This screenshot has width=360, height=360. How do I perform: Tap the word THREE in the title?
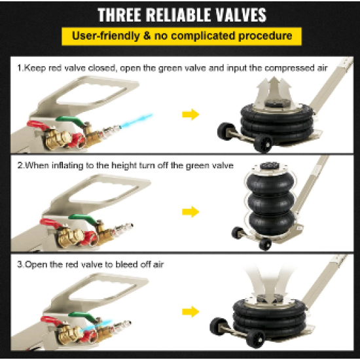pos(119,15)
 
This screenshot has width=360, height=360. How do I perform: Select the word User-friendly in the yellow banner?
pos(106,36)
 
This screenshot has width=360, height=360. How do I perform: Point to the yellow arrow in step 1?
pos(190,115)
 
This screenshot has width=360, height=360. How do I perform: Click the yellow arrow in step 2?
pos(190,211)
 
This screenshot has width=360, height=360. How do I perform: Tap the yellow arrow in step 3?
pos(190,312)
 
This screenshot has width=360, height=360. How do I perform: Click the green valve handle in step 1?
pos(71,121)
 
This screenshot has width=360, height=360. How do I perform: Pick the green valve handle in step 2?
pos(83,219)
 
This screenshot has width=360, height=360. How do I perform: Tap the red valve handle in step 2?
pos(51,223)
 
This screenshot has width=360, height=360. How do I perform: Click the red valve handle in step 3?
pos(52,321)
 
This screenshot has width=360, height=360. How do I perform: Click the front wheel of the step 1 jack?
pos(263,144)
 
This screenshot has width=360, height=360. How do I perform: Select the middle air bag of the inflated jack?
pos(271,202)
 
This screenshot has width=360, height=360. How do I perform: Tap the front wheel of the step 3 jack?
pos(255,339)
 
